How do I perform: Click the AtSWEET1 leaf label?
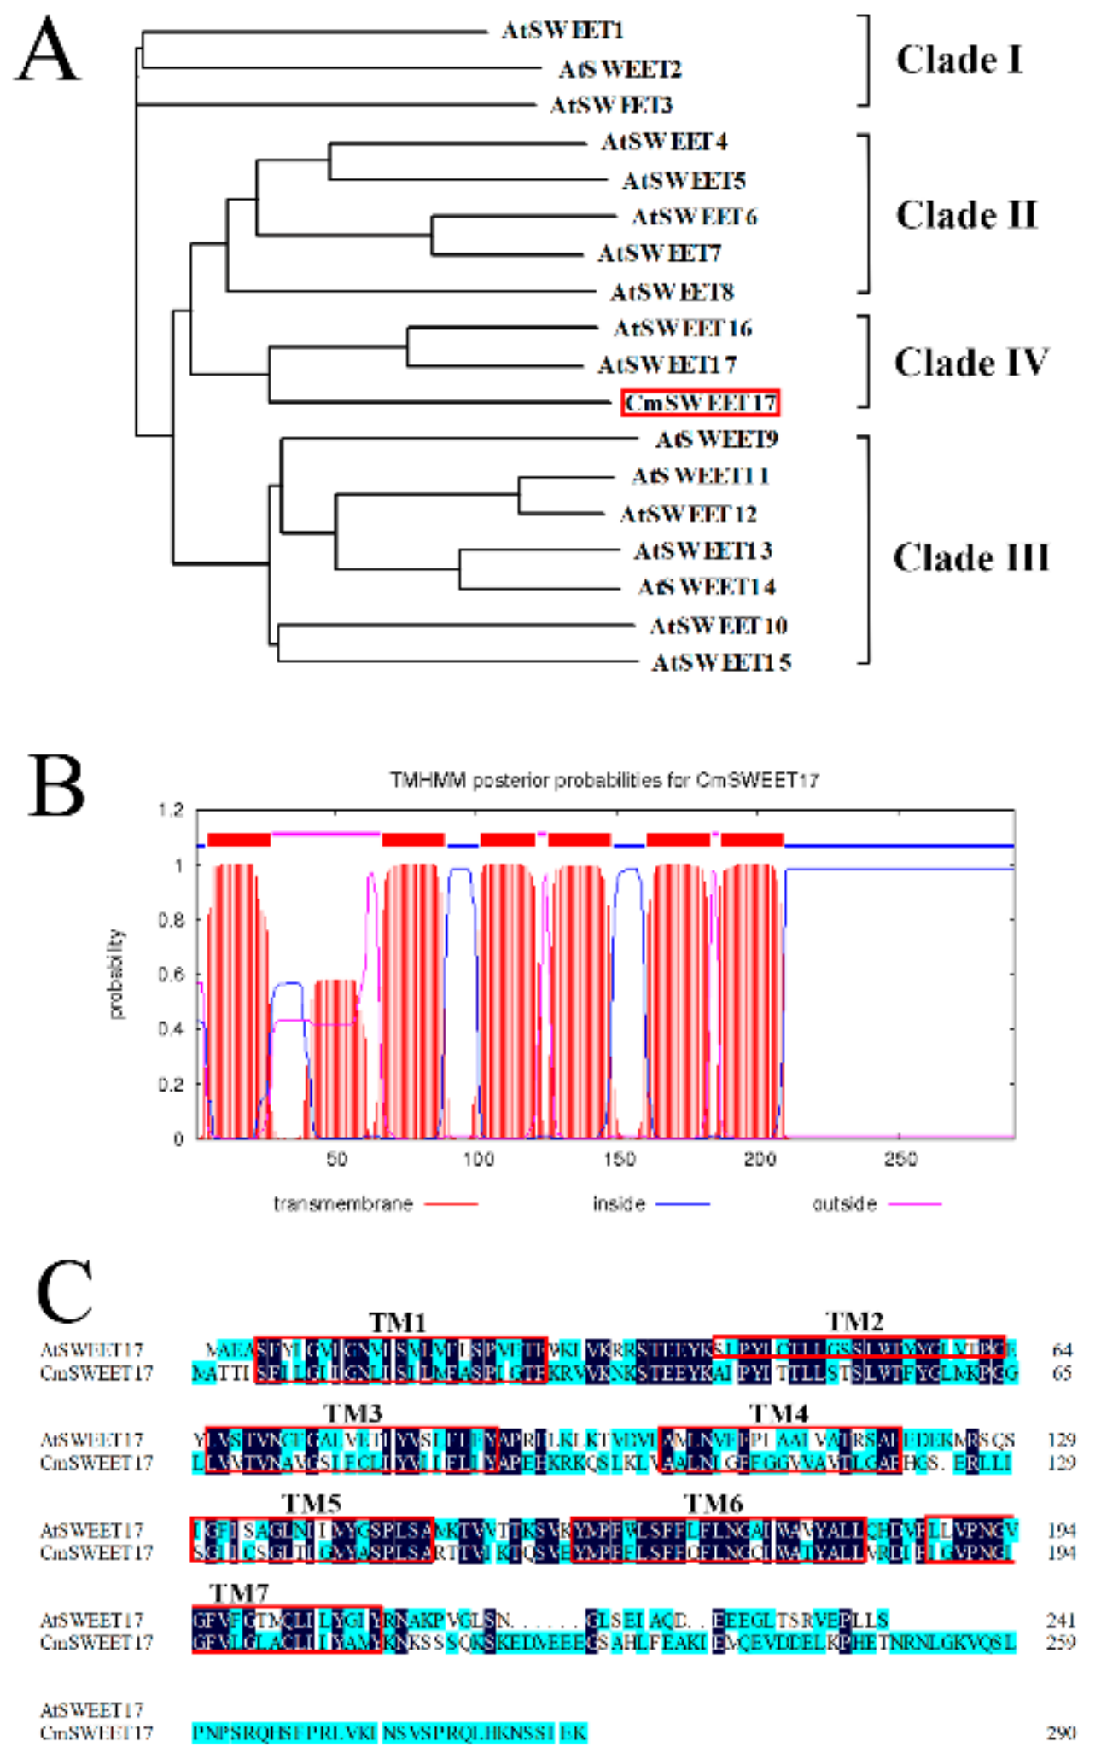[562, 31]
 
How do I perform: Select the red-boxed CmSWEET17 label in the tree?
[700, 403]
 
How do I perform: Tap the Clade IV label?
[970, 363]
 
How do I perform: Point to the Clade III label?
[970, 558]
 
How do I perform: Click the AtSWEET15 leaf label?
[721, 662]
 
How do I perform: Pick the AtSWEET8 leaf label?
[672, 292]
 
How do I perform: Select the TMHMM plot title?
[603, 779]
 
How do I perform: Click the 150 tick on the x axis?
[619, 1158]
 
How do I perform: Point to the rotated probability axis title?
[115, 974]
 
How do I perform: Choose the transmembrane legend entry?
[343, 1203]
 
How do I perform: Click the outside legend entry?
[844, 1203]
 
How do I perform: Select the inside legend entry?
[619, 1203]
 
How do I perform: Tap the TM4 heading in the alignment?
[778, 1413]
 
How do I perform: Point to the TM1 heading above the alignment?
[397, 1322]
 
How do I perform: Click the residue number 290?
[1062, 1732]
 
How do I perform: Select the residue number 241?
[1062, 1620]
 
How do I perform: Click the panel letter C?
[64, 1292]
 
